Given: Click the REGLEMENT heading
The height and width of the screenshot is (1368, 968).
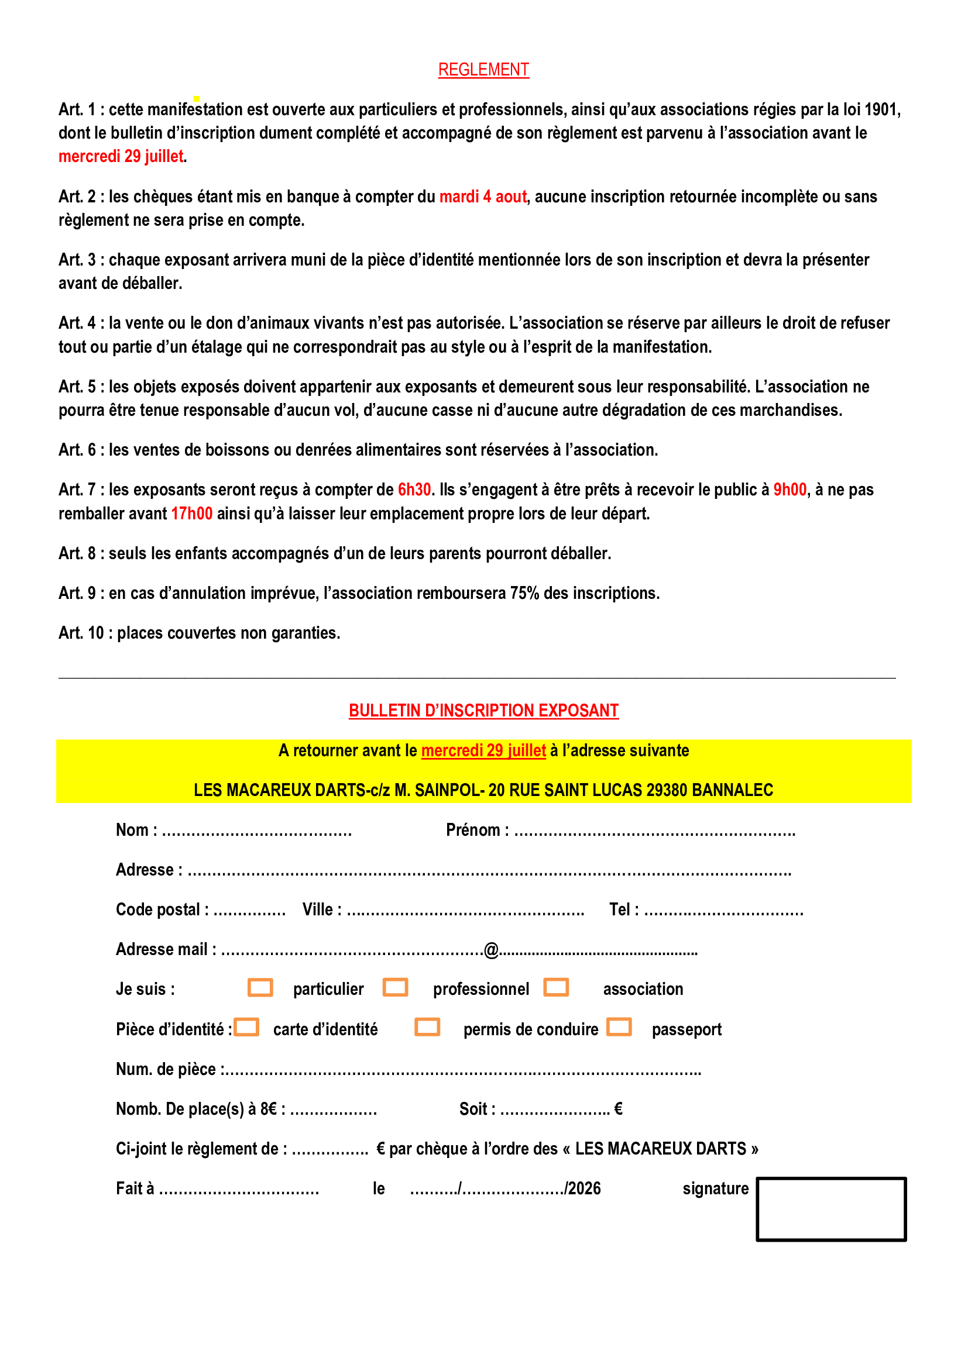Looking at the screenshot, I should [x=483, y=70].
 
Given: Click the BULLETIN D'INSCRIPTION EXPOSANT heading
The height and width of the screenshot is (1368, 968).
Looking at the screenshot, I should [x=483, y=710].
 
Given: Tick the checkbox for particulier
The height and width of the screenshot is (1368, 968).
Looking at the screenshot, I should [x=260, y=987].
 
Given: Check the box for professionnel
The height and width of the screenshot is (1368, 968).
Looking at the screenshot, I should [x=395, y=987].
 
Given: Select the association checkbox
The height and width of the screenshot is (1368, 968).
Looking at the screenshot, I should [x=556, y=987].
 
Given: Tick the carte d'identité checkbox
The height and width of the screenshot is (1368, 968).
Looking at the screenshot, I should [x=246, y=1027].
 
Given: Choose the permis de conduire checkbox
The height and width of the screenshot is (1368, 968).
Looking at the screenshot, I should [x=427, y=1027].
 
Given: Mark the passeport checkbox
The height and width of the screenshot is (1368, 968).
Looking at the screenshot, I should [x=619, y=1027].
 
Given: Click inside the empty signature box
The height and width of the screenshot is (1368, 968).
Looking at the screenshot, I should [x=831, y=1209].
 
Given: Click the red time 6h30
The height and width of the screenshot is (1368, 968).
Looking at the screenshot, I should [x=414, y=490].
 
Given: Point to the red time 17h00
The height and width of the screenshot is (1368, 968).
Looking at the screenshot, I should [x=191, y=514].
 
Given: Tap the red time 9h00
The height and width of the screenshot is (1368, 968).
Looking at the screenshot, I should [x=789, y=490].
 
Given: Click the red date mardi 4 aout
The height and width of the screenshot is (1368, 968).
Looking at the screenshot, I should [x=483, y=197].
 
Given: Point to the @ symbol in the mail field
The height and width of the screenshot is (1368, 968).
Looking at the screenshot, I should [x=491, y=950].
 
